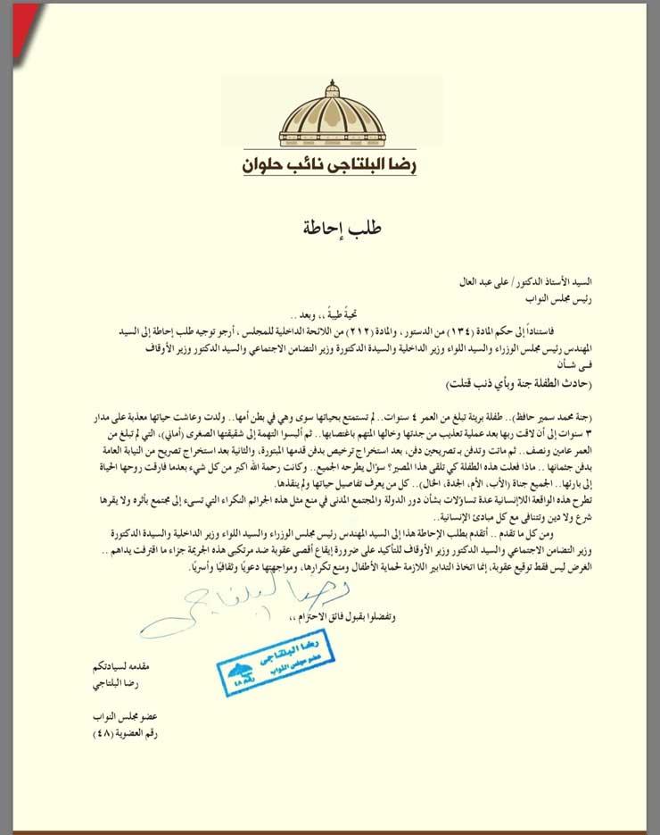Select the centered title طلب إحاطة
tap(330, 226)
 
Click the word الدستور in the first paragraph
tap(408, 332)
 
